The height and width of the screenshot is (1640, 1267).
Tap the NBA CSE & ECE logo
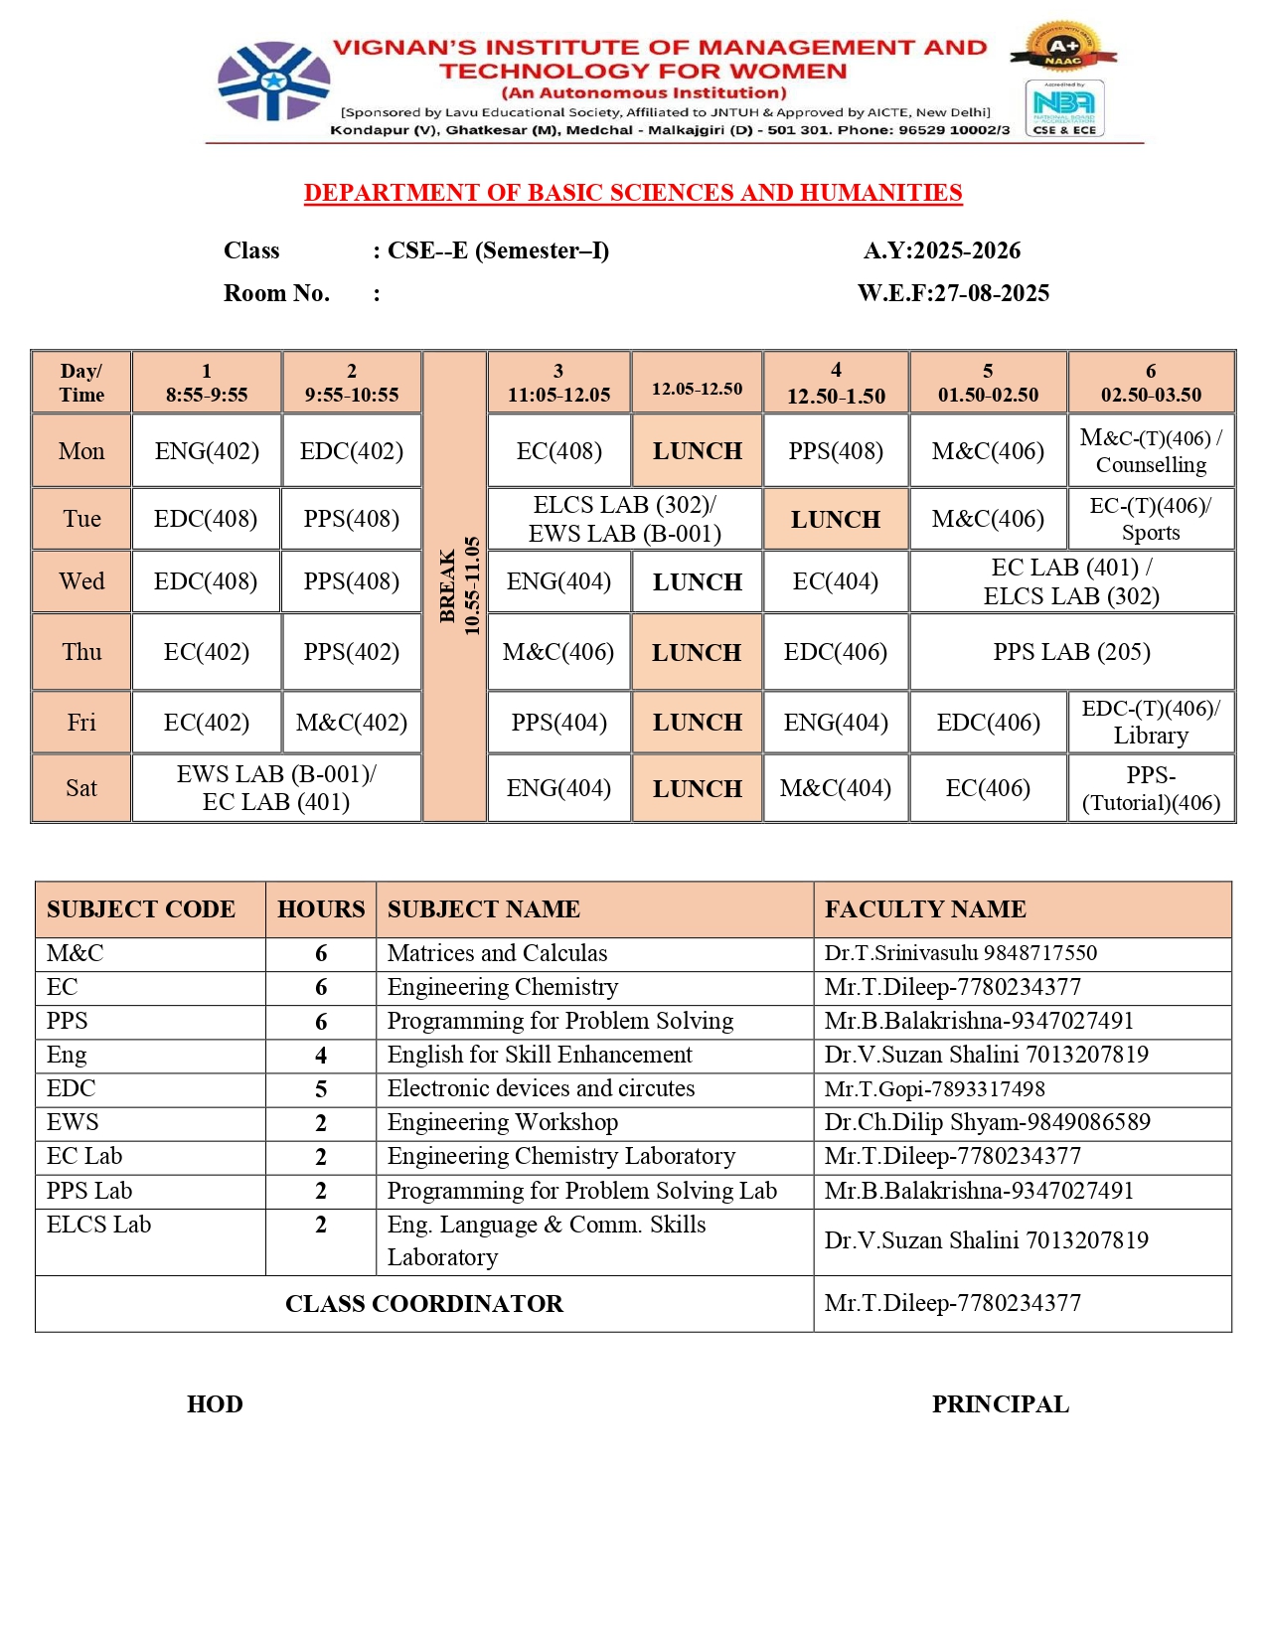1064,108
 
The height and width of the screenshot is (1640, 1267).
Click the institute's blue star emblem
273,82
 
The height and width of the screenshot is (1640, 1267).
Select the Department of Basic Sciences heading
633,193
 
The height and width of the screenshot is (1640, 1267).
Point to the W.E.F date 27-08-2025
953,293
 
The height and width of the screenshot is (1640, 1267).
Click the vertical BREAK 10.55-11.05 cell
455,586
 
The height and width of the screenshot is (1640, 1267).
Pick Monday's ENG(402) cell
207,451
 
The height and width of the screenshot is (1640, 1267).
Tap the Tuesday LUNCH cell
835,519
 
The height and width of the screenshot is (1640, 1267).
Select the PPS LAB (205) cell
1071,652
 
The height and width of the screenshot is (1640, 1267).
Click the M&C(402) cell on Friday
352,723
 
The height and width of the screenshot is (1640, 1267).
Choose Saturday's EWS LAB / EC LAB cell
276,788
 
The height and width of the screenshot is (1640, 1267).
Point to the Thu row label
81,652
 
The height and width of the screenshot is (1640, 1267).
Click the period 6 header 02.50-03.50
1151,383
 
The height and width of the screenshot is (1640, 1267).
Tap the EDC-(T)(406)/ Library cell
1151,723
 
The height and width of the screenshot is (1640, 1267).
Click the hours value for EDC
321,1089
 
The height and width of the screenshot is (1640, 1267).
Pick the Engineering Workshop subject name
503,1123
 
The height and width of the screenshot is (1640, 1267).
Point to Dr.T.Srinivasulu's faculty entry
960,953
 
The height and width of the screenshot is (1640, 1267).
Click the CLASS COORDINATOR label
424,1304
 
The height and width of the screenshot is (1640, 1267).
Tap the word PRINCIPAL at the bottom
1000,1404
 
